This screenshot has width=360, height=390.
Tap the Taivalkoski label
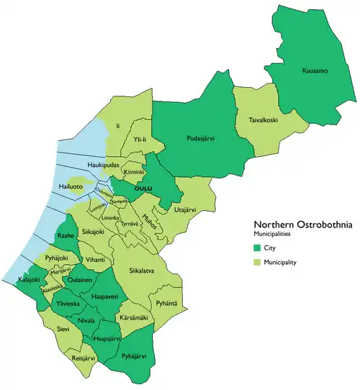point(264,122)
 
